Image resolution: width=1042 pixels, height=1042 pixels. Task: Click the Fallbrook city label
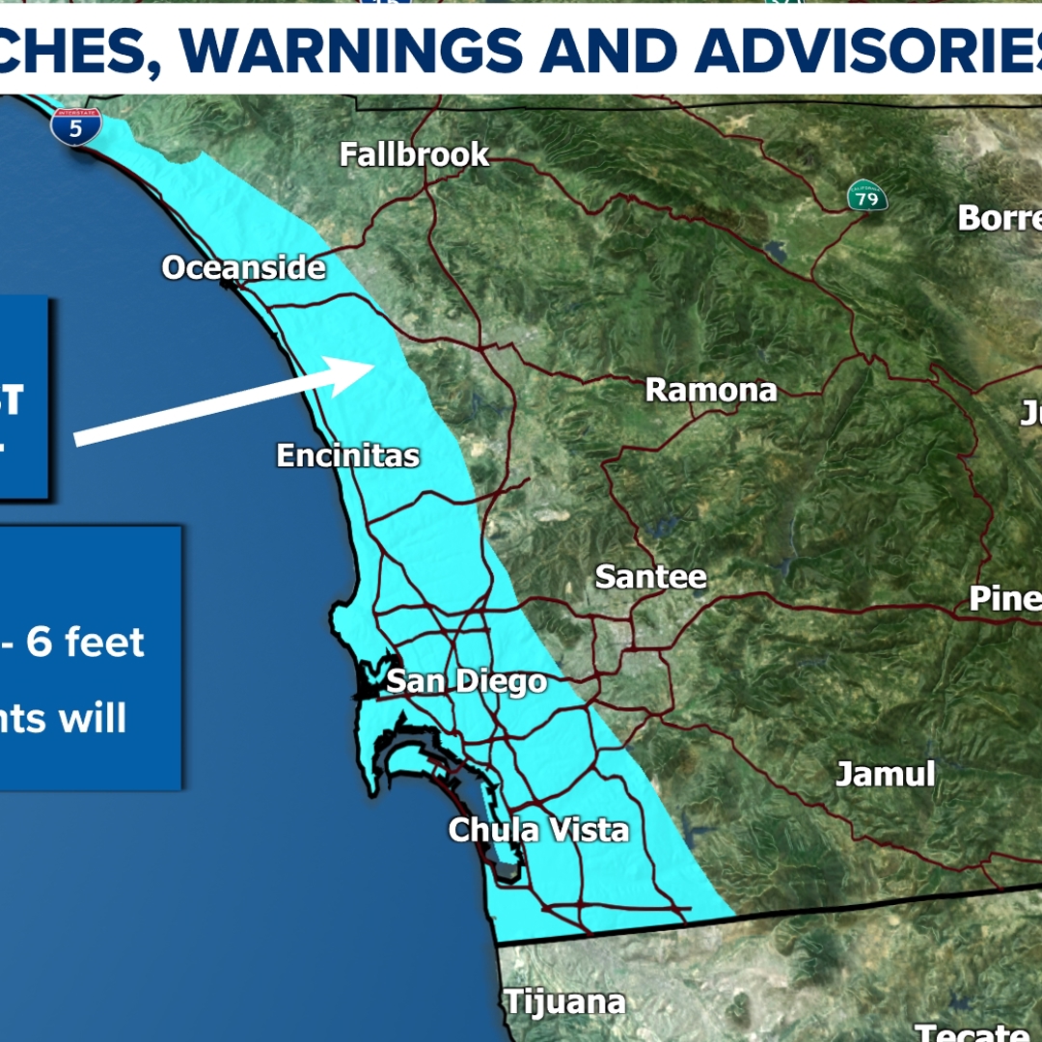414,154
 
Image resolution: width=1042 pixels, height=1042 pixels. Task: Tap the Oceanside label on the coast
243,267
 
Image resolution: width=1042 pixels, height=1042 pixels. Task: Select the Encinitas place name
347,455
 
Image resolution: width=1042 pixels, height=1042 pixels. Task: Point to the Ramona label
710,390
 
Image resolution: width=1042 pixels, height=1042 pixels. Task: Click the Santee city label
650,577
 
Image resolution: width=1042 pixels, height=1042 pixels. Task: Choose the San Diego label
466,682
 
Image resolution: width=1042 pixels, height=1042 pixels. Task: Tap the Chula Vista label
538,830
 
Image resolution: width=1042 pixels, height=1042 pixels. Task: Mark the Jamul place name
885,774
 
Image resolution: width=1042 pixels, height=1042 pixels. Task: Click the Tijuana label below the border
564,1001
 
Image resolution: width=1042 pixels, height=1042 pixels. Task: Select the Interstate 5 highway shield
76,126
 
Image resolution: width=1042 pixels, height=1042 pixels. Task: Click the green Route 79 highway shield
863,196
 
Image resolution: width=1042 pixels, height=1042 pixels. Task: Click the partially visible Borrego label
999,218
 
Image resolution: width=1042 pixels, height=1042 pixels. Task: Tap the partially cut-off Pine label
1003,598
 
